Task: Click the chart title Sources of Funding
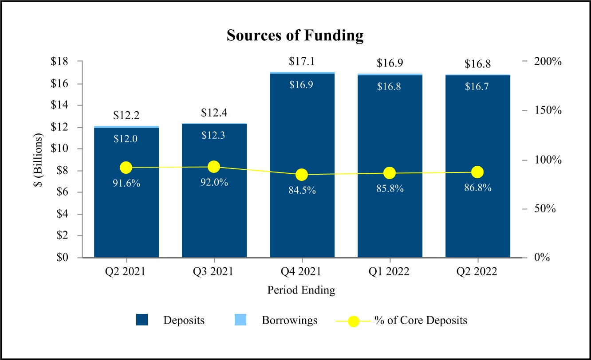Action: tap(295, 35)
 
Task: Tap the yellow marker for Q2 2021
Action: tap(126, 168)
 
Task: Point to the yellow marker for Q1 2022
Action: tap(390, 173)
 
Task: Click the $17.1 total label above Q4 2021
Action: tap(302, 62)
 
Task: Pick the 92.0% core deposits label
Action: tap(214, 182)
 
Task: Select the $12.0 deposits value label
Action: tap(126, 139)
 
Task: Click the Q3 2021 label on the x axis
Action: tap(214, 271)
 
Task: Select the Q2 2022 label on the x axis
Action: tap(477, 271)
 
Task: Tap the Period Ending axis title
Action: tap(301, 290)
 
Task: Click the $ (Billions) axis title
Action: tap(40, 160)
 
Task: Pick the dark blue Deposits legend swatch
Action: tap(142, 320)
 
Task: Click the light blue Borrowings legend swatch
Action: tap(240, 320)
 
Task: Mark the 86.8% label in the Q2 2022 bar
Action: tap(477, 188)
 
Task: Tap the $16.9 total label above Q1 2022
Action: tap(390, 63)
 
